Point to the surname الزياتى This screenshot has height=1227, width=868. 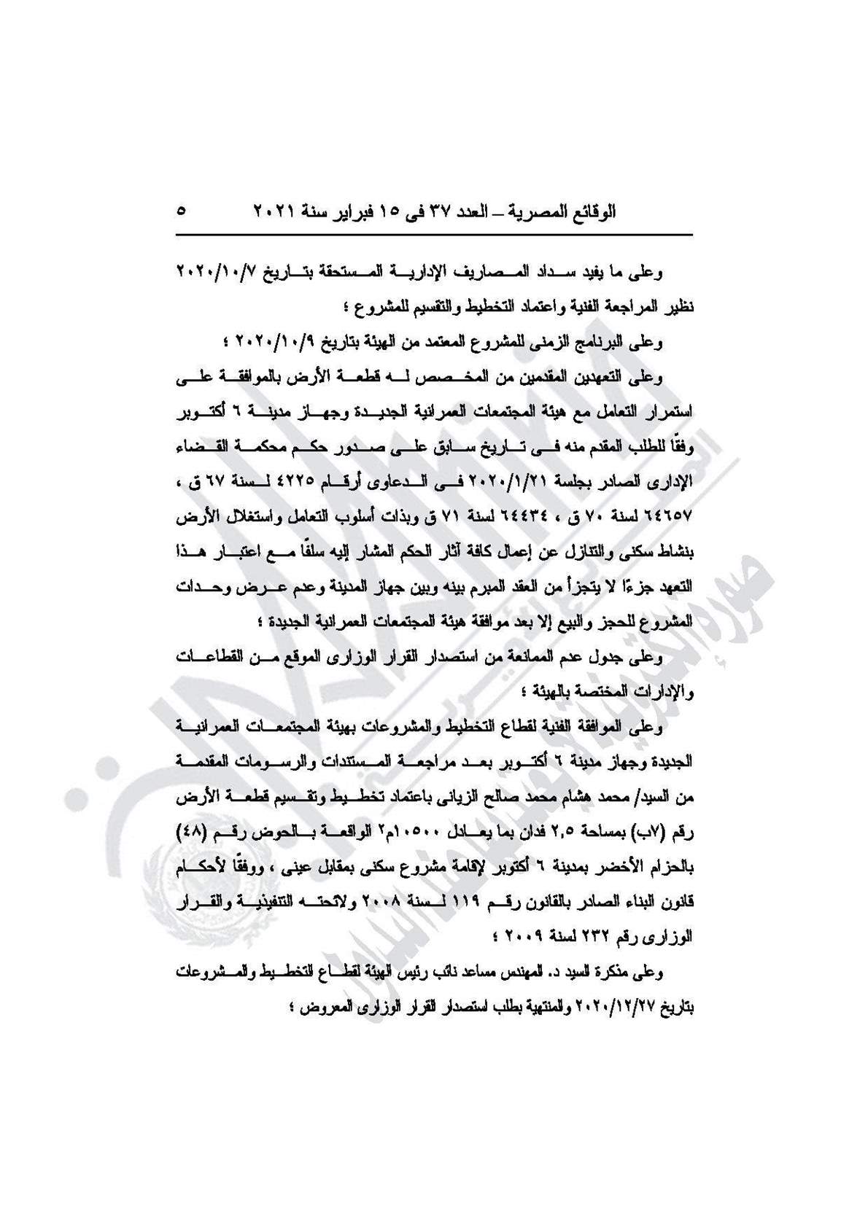point(413,798)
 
